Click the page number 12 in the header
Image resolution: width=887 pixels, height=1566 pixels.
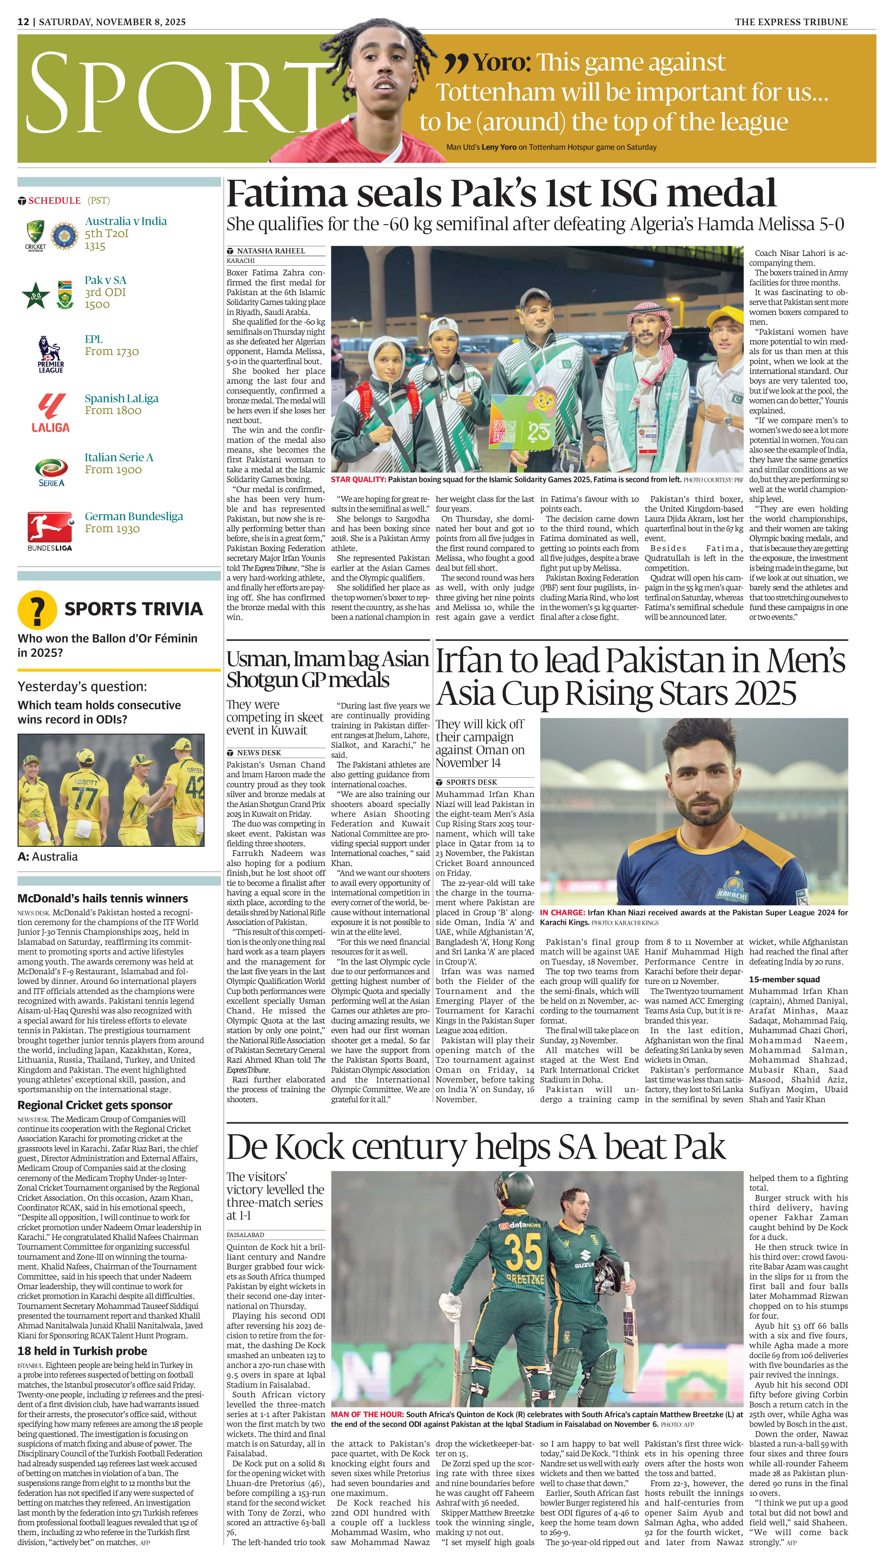click(23, 22)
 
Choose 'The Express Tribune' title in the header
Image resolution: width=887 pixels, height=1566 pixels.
click(791, 22)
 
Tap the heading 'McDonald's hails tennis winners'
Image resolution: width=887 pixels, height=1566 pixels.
click(102, 898)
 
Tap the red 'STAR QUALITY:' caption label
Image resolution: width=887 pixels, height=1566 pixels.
click(358, 480)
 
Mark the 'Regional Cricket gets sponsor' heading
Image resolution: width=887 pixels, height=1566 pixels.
click(94, 1105)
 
